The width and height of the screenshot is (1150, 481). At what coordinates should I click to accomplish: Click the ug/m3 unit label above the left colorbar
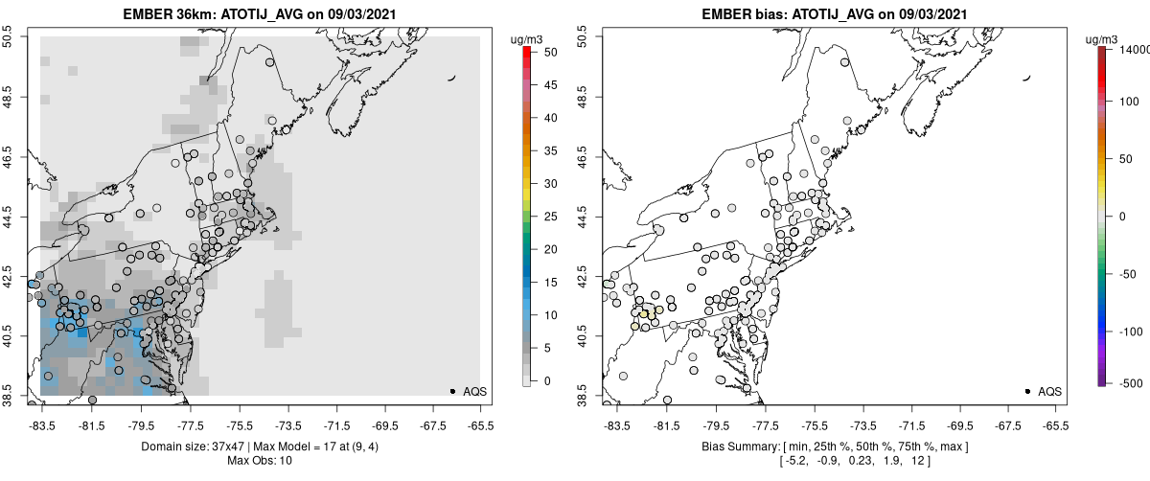[529, 38]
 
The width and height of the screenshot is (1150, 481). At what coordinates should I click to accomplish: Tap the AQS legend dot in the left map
[452, 391]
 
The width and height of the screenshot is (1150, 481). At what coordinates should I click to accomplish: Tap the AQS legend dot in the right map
[1027, 391]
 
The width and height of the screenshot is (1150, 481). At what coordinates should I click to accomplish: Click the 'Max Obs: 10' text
[260, 461]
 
